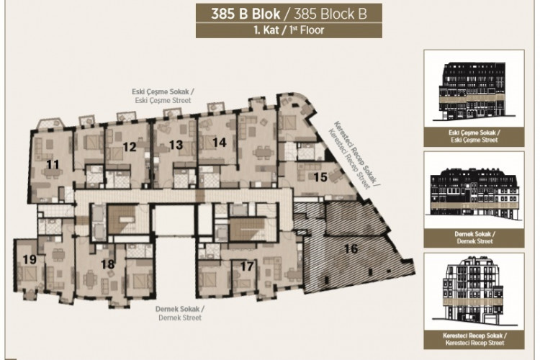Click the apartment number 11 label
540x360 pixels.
[52, 165]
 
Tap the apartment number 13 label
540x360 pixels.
[176, 145]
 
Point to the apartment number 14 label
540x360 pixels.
[219, 143]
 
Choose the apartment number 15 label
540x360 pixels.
[320, 176]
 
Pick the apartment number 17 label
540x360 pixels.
[247, 266]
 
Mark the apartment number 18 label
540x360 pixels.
[108, 265]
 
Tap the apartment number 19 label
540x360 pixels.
[29, 259]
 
